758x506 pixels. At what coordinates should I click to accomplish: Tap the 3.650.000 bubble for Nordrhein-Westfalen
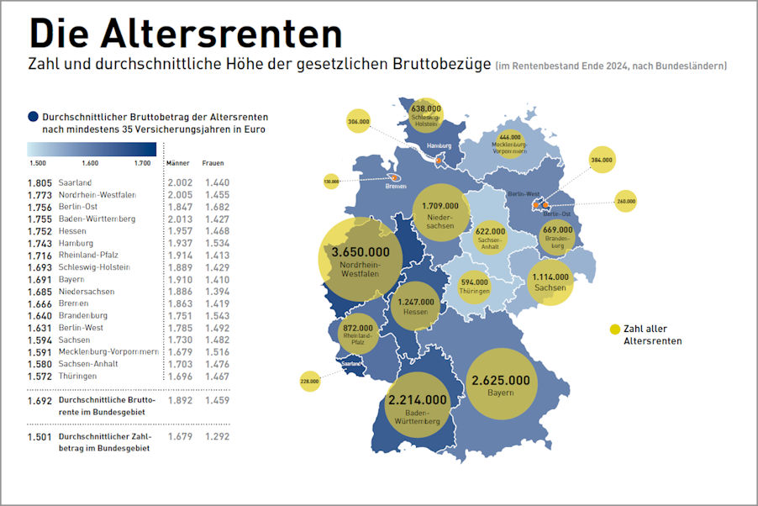click(x=359, y=259)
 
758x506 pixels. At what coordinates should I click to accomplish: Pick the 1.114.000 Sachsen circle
click(x=550, y=281)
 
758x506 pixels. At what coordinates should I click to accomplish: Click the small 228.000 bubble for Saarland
click(x=310, y=381)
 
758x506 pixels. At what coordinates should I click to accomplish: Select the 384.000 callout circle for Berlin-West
click(x=602, y=160)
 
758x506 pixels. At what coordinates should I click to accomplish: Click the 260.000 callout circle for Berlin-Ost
click(x=626, y=202)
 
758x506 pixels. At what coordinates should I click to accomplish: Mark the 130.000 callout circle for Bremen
click(x=331, y=181)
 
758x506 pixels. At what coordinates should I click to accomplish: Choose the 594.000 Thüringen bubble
click(x=475, y=286)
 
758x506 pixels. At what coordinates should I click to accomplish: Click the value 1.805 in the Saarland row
click(x=40, y=182)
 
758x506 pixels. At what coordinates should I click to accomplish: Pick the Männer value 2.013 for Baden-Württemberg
click(x=180, y=219)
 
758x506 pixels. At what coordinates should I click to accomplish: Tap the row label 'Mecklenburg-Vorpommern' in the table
click(x=108, y=352)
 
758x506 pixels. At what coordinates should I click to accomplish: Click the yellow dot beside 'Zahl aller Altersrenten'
click(x=615, y=329)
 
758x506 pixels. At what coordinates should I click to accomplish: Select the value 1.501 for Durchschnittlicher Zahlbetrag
click(x=40, y=437)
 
